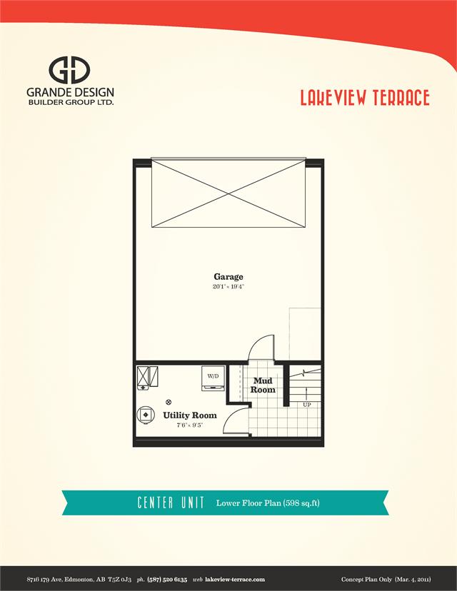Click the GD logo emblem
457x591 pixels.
pyautogui.click(x=69, y=70)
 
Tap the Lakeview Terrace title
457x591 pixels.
pyautogui.click(x=364, y=98)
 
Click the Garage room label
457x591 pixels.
pyautogui.click(x=228, y=276)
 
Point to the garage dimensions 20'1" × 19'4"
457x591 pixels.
pyautogui.click(x=228, y=286)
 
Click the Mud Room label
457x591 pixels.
pyautogui.click(x=263, y=385)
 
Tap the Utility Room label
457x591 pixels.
pyautogui.click(x=189, y=415)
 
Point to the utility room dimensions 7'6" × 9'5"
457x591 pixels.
pyautogui.click(x=189, y=425)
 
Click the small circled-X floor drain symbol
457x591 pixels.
pyautogui.click(x=169, y=401)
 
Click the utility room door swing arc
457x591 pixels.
pyautogui.click(x=236, y=421)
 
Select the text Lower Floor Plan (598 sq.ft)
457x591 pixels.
pyautogui.click(x=268, y=503)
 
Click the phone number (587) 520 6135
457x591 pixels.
pyautogui.click(x=167, y=579)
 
